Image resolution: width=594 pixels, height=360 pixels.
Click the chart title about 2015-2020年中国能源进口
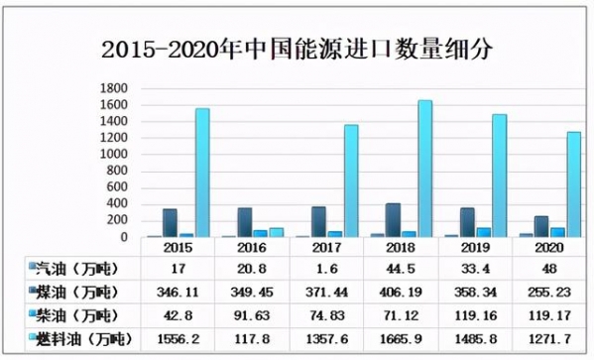[x=297, y=47]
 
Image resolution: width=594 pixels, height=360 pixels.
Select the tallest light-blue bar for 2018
[x=424, y=169]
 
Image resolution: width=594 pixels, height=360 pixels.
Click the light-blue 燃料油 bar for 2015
[x=202, y=173]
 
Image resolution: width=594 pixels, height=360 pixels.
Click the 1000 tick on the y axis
[x=115, y=155]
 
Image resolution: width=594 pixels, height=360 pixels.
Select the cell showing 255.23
[x=547, y=292]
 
